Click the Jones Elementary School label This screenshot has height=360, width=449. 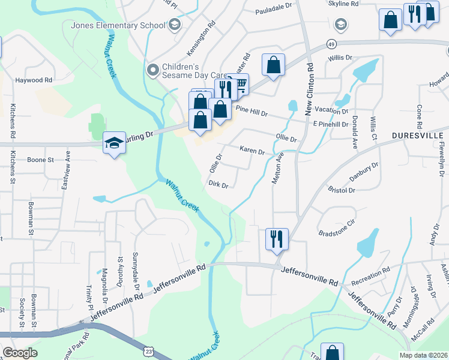pos(118,25)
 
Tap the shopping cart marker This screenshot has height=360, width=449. pos(240,84)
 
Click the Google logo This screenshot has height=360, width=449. pos(20,353)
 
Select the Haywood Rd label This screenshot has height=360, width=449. pos(34,80)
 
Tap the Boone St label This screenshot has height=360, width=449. pos(40,160)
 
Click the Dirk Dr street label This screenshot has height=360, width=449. pos(218,185)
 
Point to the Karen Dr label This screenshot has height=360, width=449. pos(252,151)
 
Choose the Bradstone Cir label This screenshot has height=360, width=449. pos(337,232)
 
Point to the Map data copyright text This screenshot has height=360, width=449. pos(424,355)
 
